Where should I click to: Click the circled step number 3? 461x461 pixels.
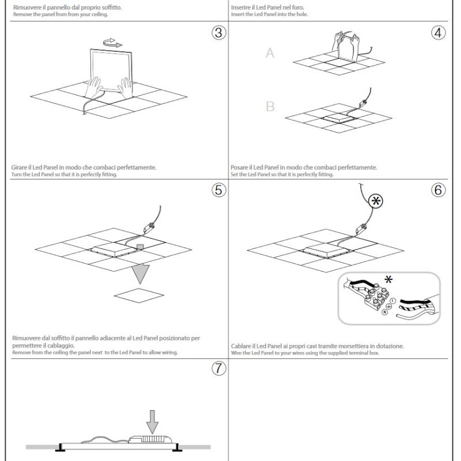click(x=218, y=33)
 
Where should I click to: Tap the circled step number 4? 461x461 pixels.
click(x=439, y=33)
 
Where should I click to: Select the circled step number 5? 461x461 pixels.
click(x=218, y=191)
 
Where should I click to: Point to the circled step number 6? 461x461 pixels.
click(x=439, y=191)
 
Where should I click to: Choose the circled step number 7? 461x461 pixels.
click(x=218, y=371)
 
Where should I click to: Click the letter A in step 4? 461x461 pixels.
click(x=270, y=54)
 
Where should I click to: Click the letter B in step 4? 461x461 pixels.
click(x=270, y=107)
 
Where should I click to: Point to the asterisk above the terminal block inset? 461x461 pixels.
click(x=390, y=280)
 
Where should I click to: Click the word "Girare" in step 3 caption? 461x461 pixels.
click(x=20, y=167)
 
